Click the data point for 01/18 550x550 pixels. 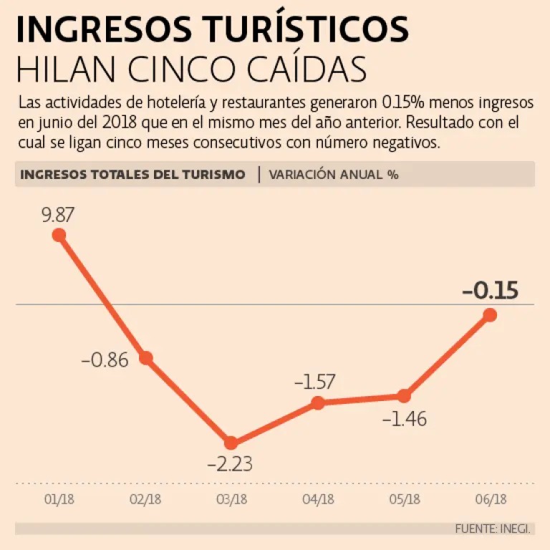point(59,235)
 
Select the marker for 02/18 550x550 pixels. point(146,358)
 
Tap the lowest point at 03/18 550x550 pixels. point(231,443)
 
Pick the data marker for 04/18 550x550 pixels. point(318,403)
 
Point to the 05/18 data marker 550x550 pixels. point(404,396)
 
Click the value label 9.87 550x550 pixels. point(58,214)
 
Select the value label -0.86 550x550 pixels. point(105,360)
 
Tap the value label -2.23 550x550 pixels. point(230,464)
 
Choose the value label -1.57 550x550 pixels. point(315,382)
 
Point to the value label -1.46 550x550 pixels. point(404,419)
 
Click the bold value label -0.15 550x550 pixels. point(490,291)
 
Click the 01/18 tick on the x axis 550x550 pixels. point(59,499)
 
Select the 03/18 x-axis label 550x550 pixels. point(231,499)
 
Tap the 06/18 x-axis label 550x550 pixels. point(491,499)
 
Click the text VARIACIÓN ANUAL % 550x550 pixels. point(334,174)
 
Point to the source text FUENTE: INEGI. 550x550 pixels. point(493,529)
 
